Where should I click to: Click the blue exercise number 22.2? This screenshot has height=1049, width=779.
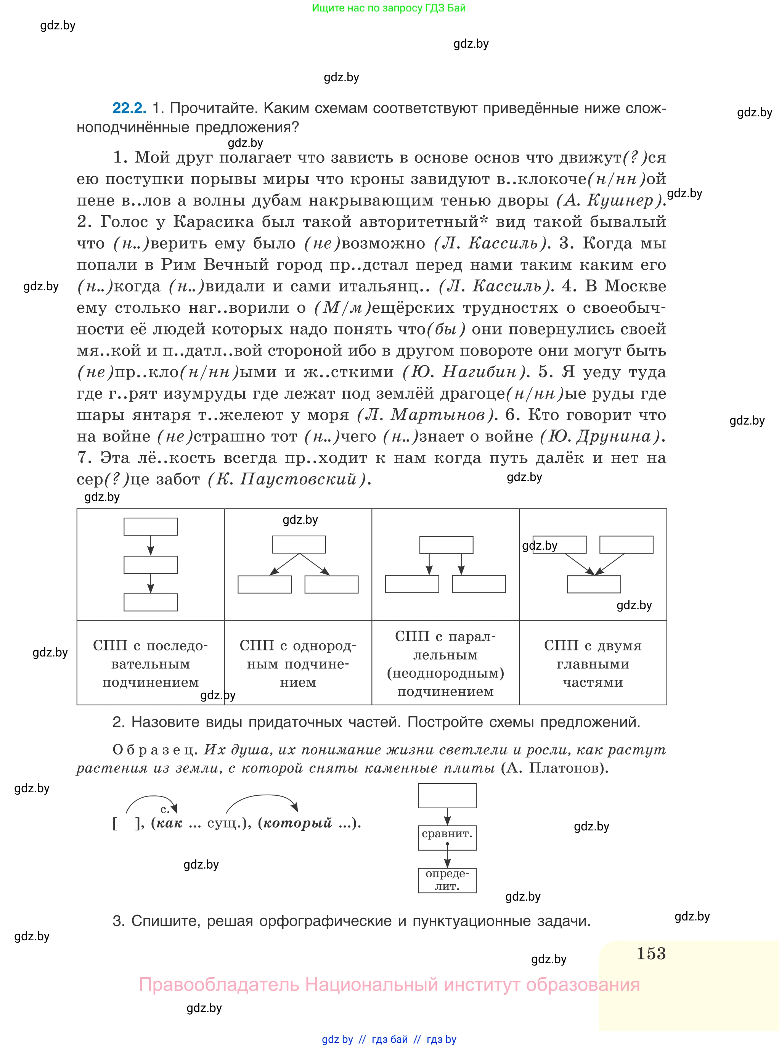click(x=129, y=108)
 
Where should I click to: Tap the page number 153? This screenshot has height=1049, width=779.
click(x=651, y=953)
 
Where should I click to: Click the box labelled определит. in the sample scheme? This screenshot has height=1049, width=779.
click(x=447, y=880)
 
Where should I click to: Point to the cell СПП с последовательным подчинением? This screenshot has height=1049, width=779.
click(x=151, y=663)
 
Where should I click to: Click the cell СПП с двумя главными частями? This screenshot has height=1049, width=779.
click(x=593, y=663)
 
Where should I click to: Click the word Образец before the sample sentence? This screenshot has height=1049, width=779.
click(x=154, y=750)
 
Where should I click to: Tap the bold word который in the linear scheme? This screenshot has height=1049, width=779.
click(x=297, y=823)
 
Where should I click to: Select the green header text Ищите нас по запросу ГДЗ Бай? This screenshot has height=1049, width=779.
click(x=389, y=8)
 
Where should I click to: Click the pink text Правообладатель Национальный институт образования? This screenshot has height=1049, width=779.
click(x=389, y=985)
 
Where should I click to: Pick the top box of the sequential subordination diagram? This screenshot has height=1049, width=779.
click(x=151, y=526)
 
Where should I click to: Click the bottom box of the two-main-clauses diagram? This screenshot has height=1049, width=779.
click(x=594, y=584)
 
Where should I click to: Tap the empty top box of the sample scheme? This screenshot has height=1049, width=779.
click(x=447, y=796)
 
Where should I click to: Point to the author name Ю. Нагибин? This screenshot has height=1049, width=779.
click(x=464, y=372)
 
